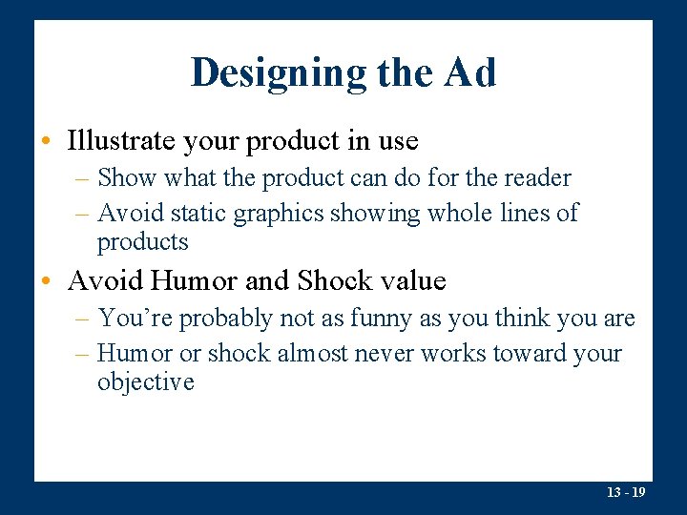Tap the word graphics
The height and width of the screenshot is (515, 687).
(x=278, y=213)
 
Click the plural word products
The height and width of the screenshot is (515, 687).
(x=143, y=241)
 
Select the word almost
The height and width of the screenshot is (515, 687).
(x=313, y=354)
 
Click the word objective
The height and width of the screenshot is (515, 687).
(x=145, y=382)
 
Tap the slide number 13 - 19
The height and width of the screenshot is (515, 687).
(x=626, y=493)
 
